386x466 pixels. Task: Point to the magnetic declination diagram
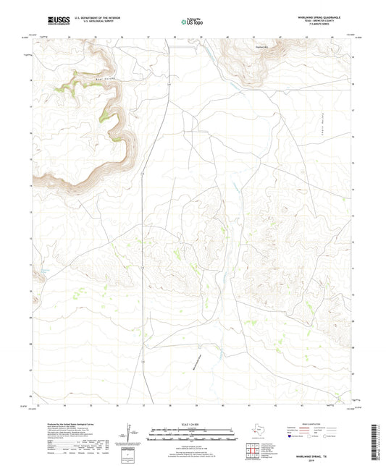(x=130, y=436)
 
